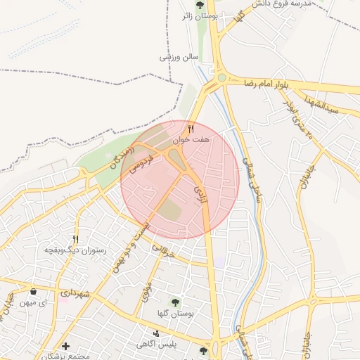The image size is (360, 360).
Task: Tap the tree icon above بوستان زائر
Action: coord(218,3)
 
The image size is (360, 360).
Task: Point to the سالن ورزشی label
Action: coord(179,56)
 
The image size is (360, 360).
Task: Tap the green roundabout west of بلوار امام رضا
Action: coord(221,78)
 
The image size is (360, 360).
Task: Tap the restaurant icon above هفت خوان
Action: coord(191,128)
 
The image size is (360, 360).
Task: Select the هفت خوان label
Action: coord(193,140)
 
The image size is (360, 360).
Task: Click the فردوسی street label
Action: coord(141,162)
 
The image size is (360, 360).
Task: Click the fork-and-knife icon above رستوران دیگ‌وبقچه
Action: coord(75,239)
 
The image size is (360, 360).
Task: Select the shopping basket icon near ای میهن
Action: coord(34,291)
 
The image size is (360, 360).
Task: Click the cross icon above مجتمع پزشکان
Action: coord(65,346)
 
